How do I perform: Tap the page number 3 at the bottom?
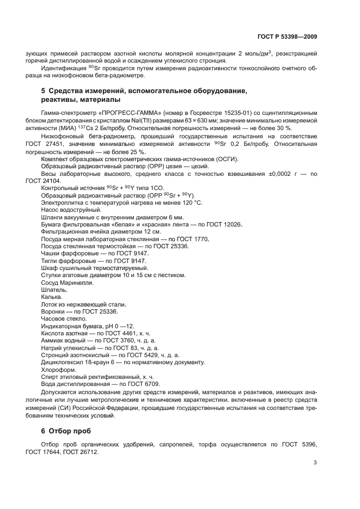[315, 463]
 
